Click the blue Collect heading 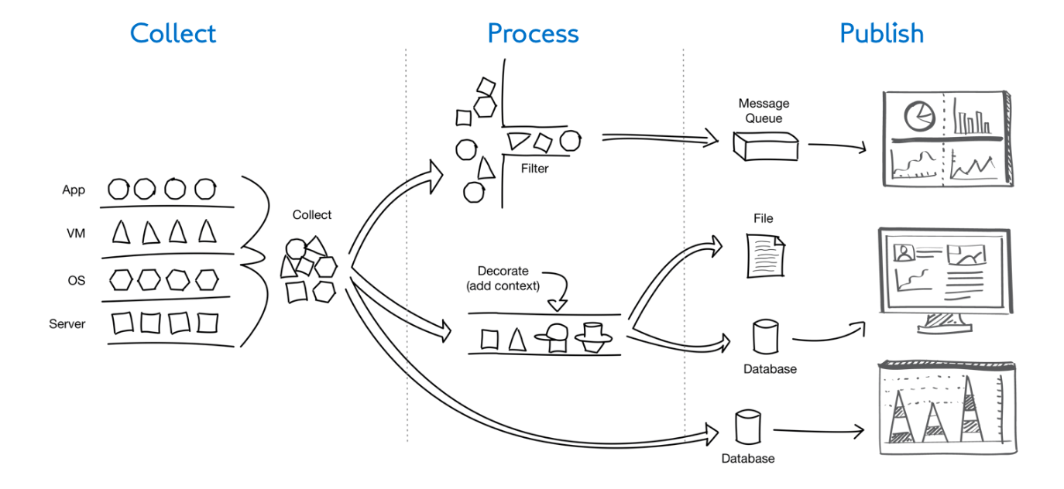click(173, 33)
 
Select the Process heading click(533, 33)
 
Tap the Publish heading click(881, 33)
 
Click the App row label click(74, 190)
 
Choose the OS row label click(76, 279)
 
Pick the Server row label click(67, 323)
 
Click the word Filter click(534, 168)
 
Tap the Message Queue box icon click(765, 145)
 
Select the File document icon click(765, 256)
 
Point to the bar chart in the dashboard click(972, 118)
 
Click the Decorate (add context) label click(503, 279)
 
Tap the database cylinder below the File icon click(765, 337)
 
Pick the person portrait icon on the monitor click(904, 253)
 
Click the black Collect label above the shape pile click(312, 215)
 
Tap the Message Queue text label click(764, 111)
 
